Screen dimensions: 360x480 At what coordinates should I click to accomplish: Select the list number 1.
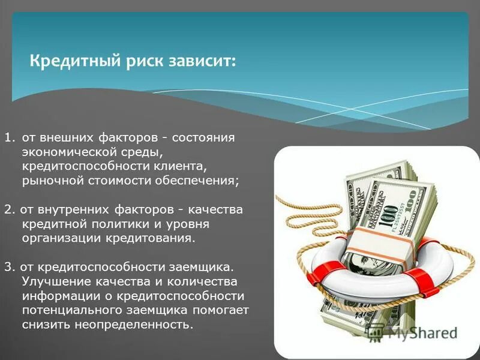pos(8,138)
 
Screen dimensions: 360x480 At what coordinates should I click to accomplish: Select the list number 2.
pos(8,209)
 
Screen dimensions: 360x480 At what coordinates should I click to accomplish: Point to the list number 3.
pos(8,266)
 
